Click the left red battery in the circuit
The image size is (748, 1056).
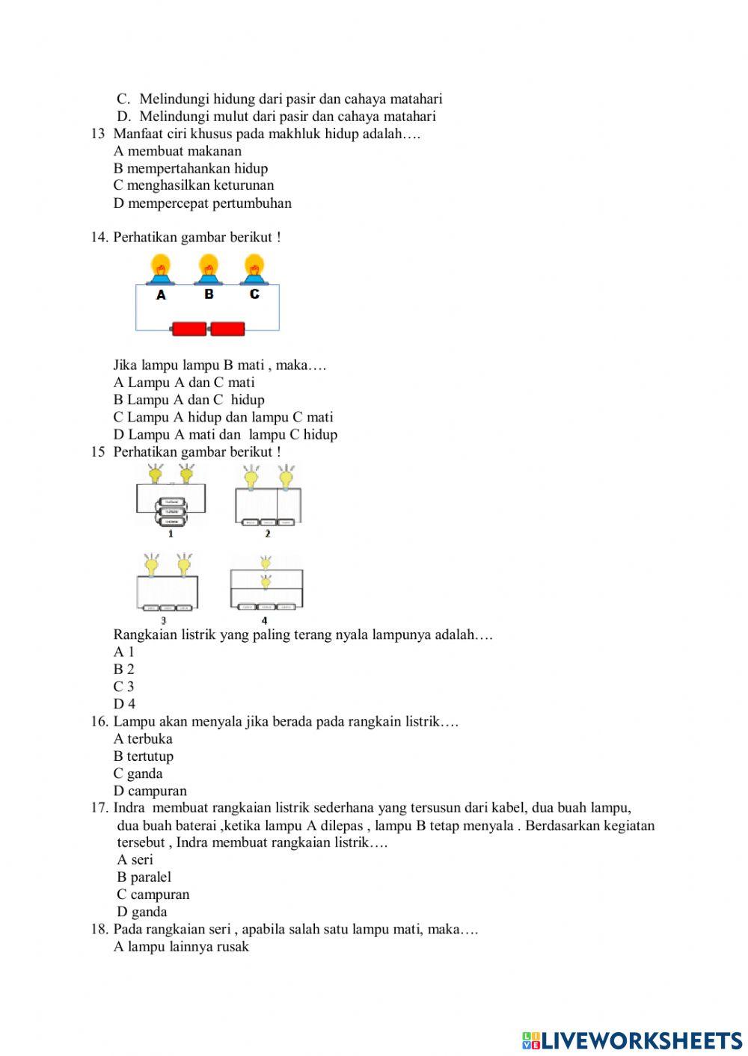189,329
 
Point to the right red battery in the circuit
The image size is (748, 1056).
227,329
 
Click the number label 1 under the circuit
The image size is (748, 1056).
171,534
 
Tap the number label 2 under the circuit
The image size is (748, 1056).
267,534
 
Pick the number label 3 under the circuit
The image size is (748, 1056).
164,620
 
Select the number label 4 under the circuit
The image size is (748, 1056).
264,620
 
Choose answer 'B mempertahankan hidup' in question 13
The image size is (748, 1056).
191,168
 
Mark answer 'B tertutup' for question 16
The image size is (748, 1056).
144,756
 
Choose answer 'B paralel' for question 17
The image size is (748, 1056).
144,877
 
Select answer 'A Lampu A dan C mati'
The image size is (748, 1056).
184,383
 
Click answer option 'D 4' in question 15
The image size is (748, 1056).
125,704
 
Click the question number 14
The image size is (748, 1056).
99,238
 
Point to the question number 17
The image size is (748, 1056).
99,808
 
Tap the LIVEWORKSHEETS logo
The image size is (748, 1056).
632,1040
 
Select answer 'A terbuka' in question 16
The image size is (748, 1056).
143,739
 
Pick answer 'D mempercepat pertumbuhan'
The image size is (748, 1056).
203,203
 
